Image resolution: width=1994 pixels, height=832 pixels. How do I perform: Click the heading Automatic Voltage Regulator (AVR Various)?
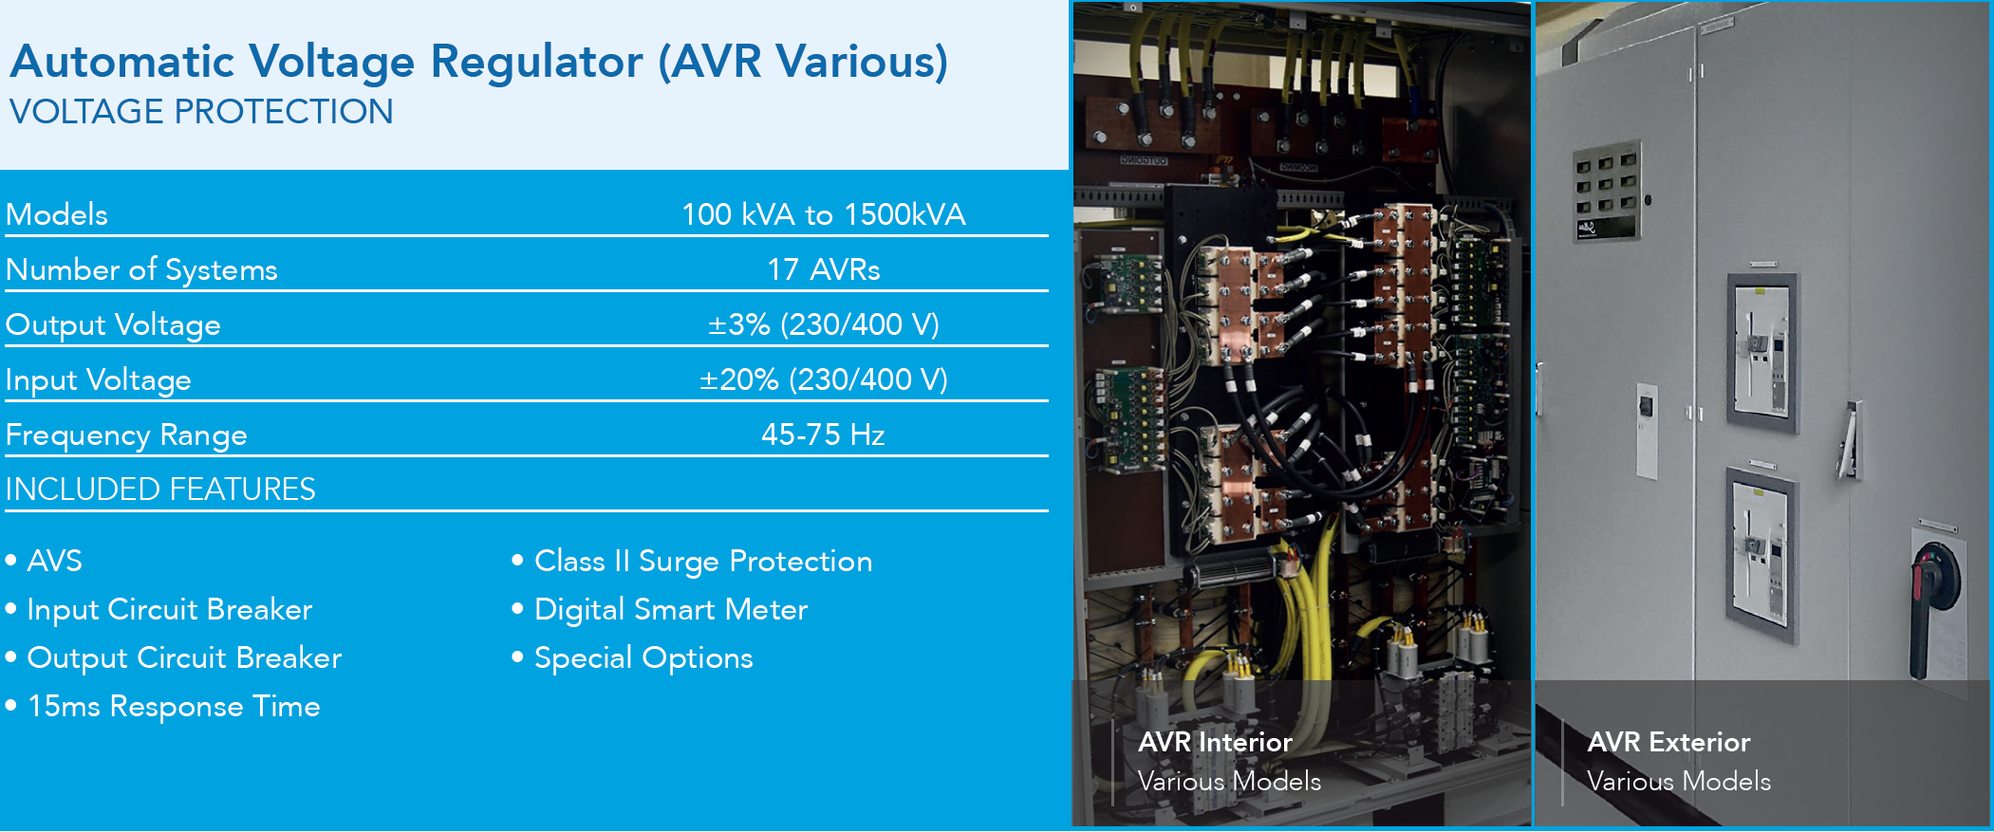tap(479, 63)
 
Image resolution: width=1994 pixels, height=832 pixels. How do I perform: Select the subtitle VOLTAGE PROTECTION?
tap(201, 112)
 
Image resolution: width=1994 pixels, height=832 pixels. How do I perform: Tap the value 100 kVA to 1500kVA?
tap(824, 214)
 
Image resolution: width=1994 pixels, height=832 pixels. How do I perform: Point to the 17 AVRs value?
tap(824, 269)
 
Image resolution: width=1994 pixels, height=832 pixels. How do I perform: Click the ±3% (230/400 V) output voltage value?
tap(824, 324)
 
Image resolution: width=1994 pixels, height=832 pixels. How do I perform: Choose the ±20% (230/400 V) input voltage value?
tap(824, 379)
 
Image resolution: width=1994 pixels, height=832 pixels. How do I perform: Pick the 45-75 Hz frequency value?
tap(824, 434)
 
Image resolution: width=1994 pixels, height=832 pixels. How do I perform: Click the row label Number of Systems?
tap(141, 270)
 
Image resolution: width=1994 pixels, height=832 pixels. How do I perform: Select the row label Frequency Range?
tap(126, 435)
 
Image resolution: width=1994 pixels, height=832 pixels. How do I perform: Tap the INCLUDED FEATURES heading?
tap(160, 490)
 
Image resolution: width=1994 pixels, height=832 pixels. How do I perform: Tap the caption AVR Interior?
tap(1215, 742)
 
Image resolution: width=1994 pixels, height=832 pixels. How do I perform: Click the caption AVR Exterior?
tap(1668, 742)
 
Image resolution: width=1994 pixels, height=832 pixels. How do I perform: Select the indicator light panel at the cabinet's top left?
tap(1607, 191)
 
